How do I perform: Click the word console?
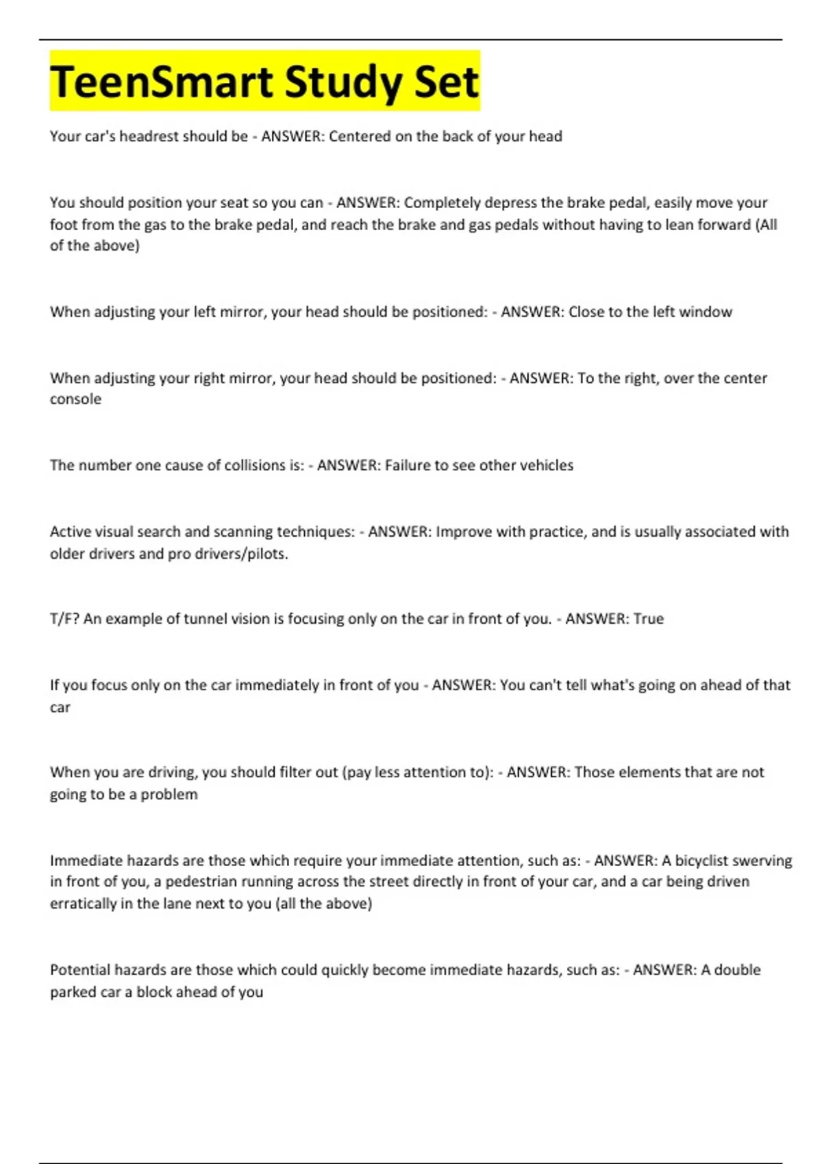click(75, 399)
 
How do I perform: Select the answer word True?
click(649, 619)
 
